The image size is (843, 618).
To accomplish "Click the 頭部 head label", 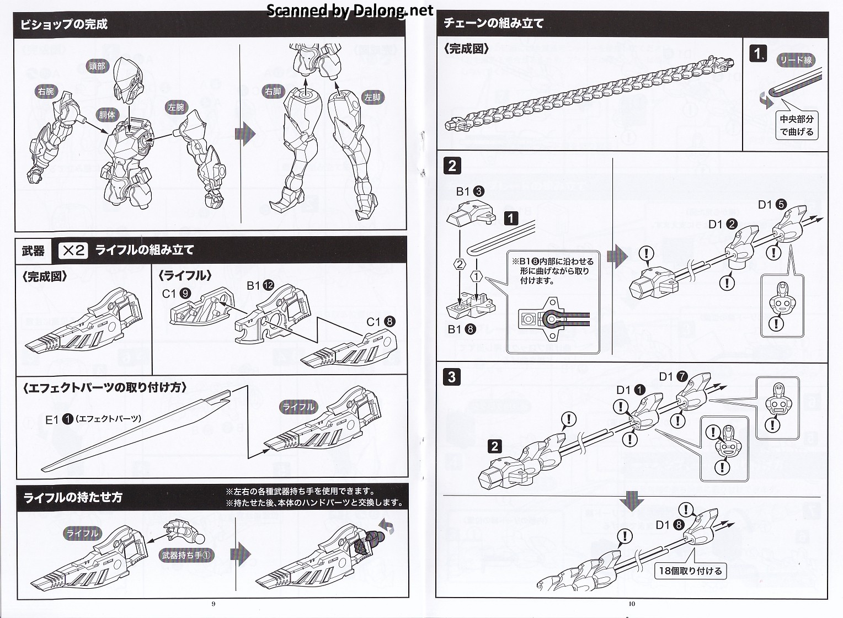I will coord(97,66).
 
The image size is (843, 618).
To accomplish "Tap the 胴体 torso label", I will coord(107,115).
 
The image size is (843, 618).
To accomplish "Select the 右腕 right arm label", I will coord(46,91).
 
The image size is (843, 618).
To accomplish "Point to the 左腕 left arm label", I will coord(176,107).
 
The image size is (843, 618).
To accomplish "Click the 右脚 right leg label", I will coord(273,91).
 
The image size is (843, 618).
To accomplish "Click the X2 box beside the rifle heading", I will coord(73,251).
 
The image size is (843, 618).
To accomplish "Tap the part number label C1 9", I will coord(177,294).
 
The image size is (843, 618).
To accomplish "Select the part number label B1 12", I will coord(260,285).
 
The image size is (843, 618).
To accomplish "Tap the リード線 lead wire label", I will coord(796,61).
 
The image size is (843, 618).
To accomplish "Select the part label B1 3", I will coord(470,191).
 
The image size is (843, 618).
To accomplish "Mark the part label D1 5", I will coord(772,205).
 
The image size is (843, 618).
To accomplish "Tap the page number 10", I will coord(632,604).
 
